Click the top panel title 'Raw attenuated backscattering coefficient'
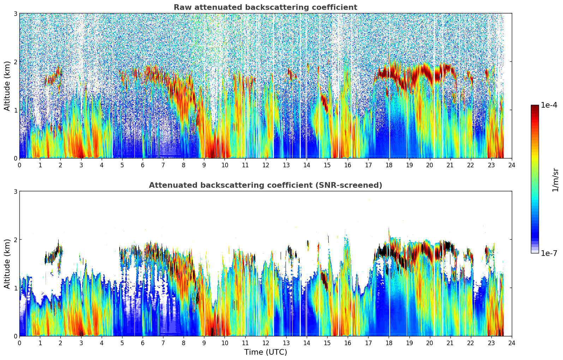click(x=265, y=7)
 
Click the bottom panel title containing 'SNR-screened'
click(x=265, y=185)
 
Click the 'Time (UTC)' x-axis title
click(x=265, y=352)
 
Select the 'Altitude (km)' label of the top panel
click(x=7, y=86)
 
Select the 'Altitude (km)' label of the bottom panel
click(x=7, y=264)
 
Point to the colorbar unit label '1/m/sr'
click(x=555, y=179)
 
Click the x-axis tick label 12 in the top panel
click(x=265, y=165)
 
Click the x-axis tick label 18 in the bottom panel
click(x=389, y=343)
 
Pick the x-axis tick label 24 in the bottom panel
click(x=512, y=343)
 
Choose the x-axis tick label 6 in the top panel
click(x=143, y=165)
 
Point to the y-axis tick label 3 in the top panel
click(x=15, y=13)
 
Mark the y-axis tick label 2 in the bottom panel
click(x=15, y=240)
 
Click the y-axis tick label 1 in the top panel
click(x=15, y=110)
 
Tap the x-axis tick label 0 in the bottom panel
click(x=19, y=343)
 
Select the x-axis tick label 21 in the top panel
click(x=450, y=165)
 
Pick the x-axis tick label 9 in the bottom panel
click(x=204, y=343)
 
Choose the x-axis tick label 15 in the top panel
click(x=327, y=165)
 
